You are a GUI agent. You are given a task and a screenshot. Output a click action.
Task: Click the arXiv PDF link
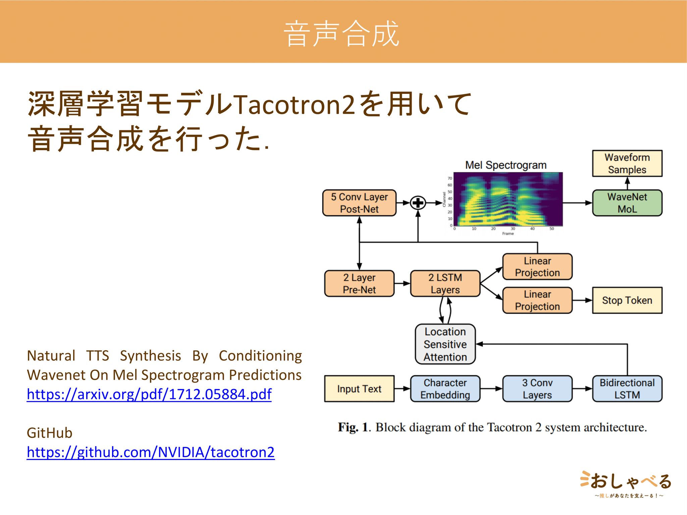tap(149, 394)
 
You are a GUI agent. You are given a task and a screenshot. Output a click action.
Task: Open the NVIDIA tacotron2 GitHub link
tap(151, 452)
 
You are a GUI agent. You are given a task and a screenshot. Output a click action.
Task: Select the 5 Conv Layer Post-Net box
tap(359, 203)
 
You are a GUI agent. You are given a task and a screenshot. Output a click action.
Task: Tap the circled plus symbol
tap(418, 203)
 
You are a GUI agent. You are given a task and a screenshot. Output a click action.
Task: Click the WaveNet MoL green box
tap(627, 203)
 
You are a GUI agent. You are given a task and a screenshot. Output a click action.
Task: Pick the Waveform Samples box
tap(627, 163)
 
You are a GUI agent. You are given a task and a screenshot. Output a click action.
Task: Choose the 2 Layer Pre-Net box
tap(359, 284)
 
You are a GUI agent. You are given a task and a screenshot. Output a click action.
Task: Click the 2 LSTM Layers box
tap(445, 284)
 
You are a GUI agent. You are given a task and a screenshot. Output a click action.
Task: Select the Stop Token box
tap(627, 300)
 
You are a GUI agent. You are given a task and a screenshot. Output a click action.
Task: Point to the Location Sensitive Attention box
tap(445, 344)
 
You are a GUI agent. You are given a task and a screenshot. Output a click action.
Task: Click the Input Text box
tap(359, 389)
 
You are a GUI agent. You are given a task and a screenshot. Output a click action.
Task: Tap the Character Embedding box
tap(445, 389)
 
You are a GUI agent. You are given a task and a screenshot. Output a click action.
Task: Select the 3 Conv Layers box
tap(537, 389)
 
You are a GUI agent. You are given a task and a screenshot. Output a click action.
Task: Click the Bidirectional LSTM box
tap(627, 389)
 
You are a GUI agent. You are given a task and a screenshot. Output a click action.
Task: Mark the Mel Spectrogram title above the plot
tap(506, 165)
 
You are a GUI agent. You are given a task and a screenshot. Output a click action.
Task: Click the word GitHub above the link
tap(50, 433)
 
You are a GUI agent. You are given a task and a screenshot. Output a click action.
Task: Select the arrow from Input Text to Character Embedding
tap(402, 389)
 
